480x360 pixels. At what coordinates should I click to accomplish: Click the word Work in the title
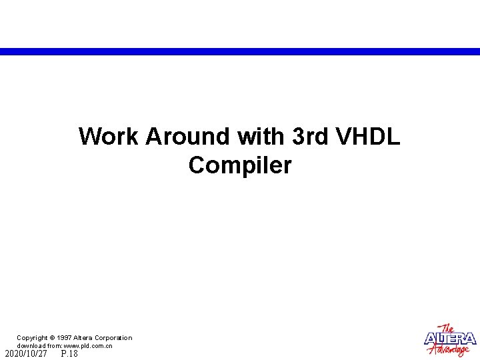109,137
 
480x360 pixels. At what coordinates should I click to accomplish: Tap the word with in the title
261,137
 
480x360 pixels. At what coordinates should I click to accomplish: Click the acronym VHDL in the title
369,137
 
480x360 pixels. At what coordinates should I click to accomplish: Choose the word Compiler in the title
240,165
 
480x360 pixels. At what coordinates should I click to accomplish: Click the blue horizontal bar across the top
240,51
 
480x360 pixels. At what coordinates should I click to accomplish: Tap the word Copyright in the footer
32,338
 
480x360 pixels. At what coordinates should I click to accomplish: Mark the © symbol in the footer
53,338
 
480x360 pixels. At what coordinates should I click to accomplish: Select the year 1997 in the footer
64,338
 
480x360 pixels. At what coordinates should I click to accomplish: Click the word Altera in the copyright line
84,338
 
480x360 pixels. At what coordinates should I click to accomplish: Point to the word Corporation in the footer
113,338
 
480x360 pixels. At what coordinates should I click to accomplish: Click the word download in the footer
31,346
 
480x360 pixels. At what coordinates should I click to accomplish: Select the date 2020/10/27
26,354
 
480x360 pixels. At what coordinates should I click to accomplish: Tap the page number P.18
69,354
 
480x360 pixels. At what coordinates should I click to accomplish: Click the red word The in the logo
449,328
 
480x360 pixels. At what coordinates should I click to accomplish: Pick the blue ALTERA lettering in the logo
451,339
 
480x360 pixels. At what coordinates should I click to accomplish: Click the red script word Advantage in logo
453,350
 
